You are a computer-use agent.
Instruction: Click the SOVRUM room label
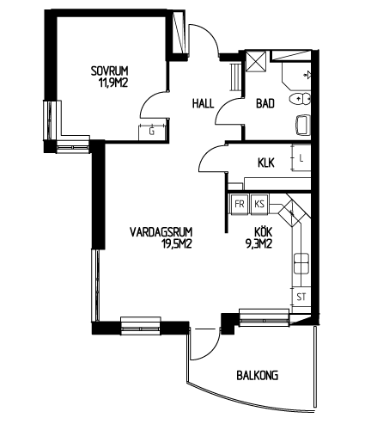pyautogui.click(x=109, y=71)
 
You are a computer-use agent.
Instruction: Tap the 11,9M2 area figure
pyautogui.click(x=113, y=83)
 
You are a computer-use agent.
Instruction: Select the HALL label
pyautogui.click(x=203, y=103)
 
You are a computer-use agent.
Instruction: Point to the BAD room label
pyautogui.click(x=265, y=103)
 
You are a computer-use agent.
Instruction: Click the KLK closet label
pyautogui.click(x=266, y=163)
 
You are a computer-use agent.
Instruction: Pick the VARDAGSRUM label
pyautogui.click(x=161, y=231)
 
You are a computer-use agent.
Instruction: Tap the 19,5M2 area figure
pyautogui.click(x=176, y=243)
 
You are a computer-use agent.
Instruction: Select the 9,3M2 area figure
pyautogui.click(x=259, y=243)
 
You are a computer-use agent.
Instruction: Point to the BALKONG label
pyautogui.click(x=258, y=375)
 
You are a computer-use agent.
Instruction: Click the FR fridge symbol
pyautogui.click(x=240, y=204)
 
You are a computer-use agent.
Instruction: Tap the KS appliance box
pyautogui.click(x=259, y=204)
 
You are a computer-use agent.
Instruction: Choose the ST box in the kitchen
pyautogui.click(x=301, y=297)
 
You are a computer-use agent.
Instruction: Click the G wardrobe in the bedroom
pyautogui.click(x=152, y=132)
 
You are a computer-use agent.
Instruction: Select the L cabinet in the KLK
pyautogui.click(x=301, y=158)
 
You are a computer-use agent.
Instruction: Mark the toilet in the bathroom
pyautogui.click(x=300, y=100)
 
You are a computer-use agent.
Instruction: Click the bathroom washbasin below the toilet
pyautogui.click(x=303, y=125)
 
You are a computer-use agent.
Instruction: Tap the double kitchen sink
pyautogui.click(x=301, y=263)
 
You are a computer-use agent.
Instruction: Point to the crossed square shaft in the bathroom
pyautogui.click(x=257, y=60)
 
